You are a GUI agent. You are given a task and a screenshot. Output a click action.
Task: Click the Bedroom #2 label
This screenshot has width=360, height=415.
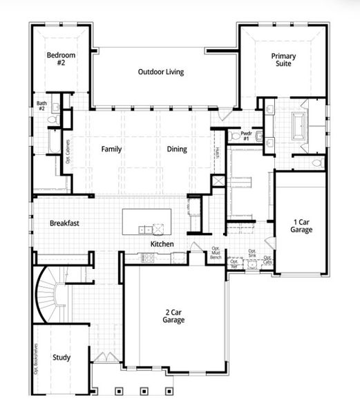coord(61,58)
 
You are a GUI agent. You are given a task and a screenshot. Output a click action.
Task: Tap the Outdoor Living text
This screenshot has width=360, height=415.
coord(160,72)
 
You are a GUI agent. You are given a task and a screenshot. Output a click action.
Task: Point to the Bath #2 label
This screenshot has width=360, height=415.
coord(41,107)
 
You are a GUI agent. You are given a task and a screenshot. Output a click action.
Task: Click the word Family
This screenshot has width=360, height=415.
coord(112,149)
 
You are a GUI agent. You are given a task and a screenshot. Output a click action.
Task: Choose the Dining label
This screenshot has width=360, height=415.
coord(177,149)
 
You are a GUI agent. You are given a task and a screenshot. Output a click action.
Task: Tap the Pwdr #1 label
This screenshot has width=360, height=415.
coord(245,136)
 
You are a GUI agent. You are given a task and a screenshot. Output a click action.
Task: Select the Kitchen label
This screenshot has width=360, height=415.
coord(162,244)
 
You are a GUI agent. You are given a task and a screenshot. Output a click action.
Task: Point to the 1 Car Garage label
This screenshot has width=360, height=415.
coord(301,225)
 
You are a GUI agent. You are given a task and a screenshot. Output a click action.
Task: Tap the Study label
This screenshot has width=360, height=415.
coord(61,358)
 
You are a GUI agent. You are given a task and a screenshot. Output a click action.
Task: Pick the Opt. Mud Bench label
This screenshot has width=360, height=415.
coord(216,253)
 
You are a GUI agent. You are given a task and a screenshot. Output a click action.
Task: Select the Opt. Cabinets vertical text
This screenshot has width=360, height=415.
coord(68,151)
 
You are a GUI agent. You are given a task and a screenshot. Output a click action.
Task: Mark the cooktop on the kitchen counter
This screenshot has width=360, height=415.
coord(148,258)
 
